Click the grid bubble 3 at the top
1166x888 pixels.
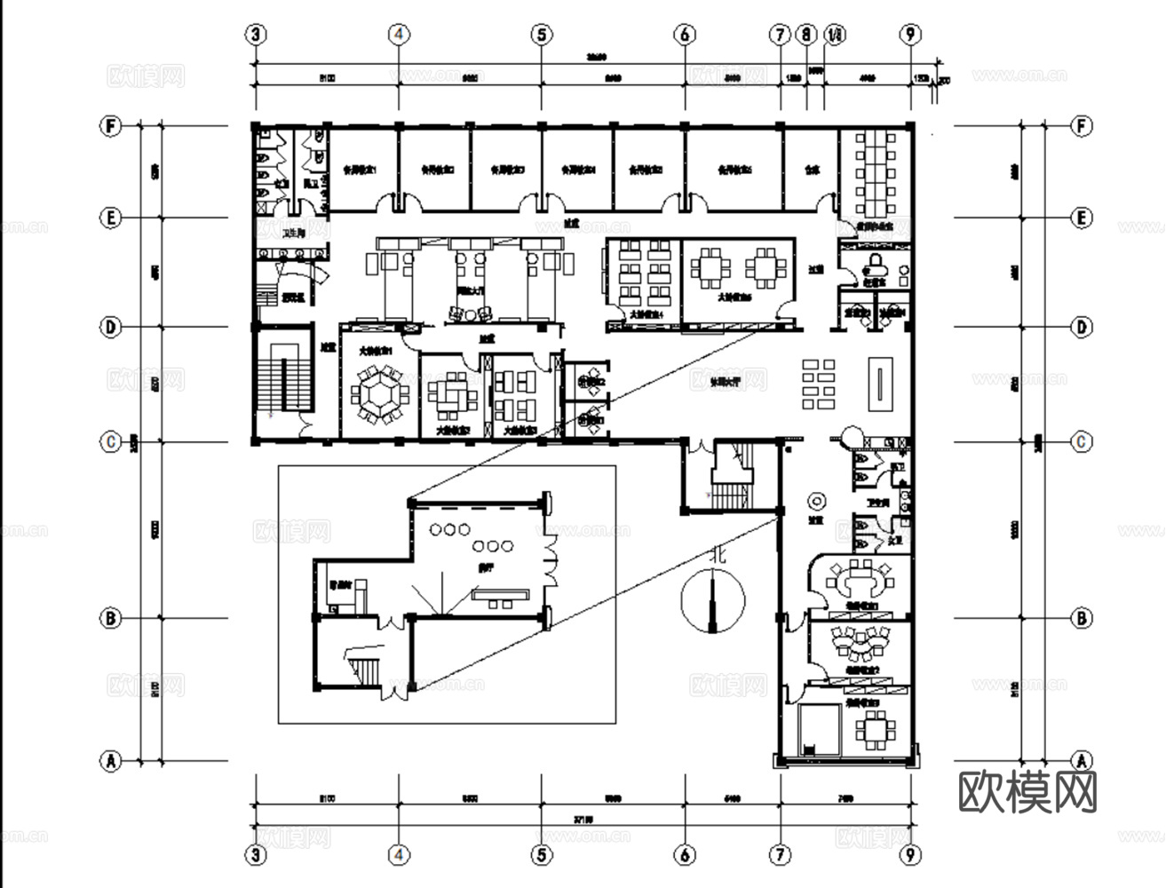click(x=256, y=35)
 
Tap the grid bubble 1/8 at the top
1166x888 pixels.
click(x=834, y=35)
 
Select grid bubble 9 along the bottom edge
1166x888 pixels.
click(x=910, y=854)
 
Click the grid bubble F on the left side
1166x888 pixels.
click(x=110, y=126)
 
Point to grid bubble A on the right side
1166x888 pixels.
click(x=1081, y=761)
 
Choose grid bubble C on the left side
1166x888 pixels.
click(x=110, y=441)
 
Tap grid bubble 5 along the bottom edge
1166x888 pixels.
click(x=542, y=854)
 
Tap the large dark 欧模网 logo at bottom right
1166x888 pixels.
click(x=1027, y=791)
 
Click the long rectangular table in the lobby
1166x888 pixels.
click(x=876, y=384)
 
